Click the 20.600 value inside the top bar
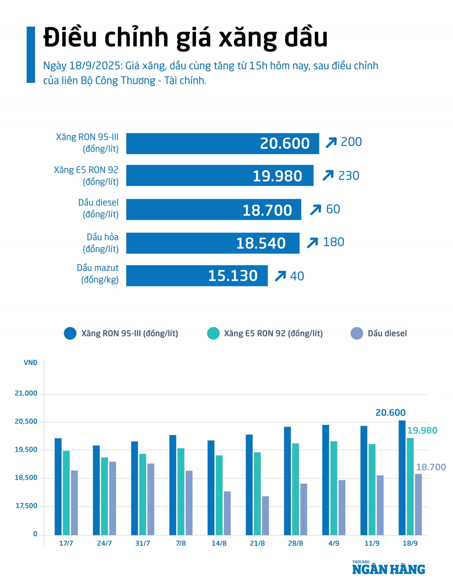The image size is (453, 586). pyautogui.click(x=285, y=143)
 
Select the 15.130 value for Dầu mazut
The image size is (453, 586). pyautogui.click(x=233, y=276)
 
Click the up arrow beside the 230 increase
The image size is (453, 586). pyautogui.click(x=328, y=175)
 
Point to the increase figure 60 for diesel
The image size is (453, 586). pyautogui.click(x=333, y=209)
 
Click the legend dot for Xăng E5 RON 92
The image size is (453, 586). pyautogui.click(x=213, y=334)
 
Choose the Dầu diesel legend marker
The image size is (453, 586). pyautogui.click(x=357, y=334)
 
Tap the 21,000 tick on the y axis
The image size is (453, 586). pyautogui.click(x=26, y=393)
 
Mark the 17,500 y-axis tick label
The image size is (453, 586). pyautogui.click(x=26, y=506)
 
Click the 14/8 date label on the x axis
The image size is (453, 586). pyautogui.click(x=219, y=543)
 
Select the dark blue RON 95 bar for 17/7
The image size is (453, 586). pyautogui.click(x=58, y=486)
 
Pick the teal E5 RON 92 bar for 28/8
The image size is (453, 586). pyautogui.click(x=295, y=489)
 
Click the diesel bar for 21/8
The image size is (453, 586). pyautogui.click(x=265, y=515)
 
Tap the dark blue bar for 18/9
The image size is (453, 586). pyautogui.click(x=402, y=478)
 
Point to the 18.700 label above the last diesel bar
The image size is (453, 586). pyautogui.click(x=431, y=467)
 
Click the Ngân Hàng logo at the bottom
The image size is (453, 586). pyautogui.click(x=388, y=568)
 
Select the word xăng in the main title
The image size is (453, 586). pyautogui.click(x=248, y=38)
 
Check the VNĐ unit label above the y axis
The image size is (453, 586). pyautogui.click(x=31, y=363)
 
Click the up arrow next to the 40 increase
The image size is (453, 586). pyautogui.click(x=280, y=276)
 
